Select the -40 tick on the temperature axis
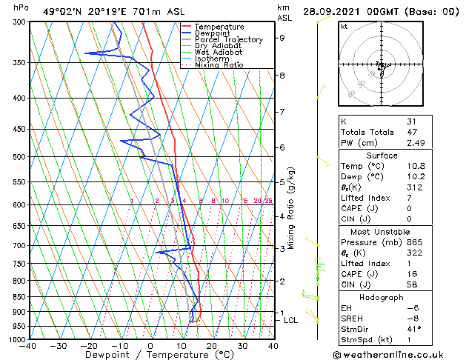pos(28,346)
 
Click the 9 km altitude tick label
pos(282,38)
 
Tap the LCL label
pos(290,321)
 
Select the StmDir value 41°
pos(413,329)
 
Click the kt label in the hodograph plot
pos(344,26)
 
